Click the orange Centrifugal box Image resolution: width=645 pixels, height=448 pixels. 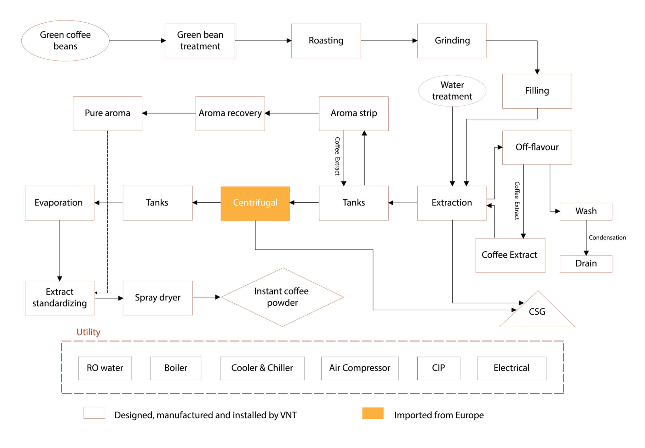[x=255, y=203]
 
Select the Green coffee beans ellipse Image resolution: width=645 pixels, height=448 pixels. [x=65, y=41]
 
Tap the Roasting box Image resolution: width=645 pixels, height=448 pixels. [x=326, y=41]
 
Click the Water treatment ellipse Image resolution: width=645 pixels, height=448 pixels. [x=452, y=91]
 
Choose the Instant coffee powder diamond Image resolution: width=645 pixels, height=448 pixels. [x=282, y=297]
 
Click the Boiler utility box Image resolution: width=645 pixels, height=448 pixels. [x=176, y=368]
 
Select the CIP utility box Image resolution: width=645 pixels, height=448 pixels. [x=438, y=368]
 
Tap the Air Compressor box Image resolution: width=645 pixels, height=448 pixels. [x=359, y=368]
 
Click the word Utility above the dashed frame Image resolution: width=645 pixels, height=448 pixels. [x=88, y=332]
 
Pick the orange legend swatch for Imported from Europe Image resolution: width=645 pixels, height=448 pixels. [x=373, y=413]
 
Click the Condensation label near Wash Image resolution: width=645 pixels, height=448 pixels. [x=607, y=238]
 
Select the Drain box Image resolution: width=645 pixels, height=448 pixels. [x=586, y=263]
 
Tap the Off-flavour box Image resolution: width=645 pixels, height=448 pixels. [x=537, y=147]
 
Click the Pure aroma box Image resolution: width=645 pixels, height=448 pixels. [x=107, y=113]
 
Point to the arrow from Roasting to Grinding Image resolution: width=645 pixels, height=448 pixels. [x=389, y=41]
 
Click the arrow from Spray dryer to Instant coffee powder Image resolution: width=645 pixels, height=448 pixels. [x=206, y=297]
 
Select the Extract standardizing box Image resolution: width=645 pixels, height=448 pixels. [x=60, y=298]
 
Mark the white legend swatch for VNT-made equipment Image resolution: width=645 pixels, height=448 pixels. [x=94, y=413]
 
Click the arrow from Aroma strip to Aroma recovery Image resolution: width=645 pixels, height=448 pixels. [x=292, y=113]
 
